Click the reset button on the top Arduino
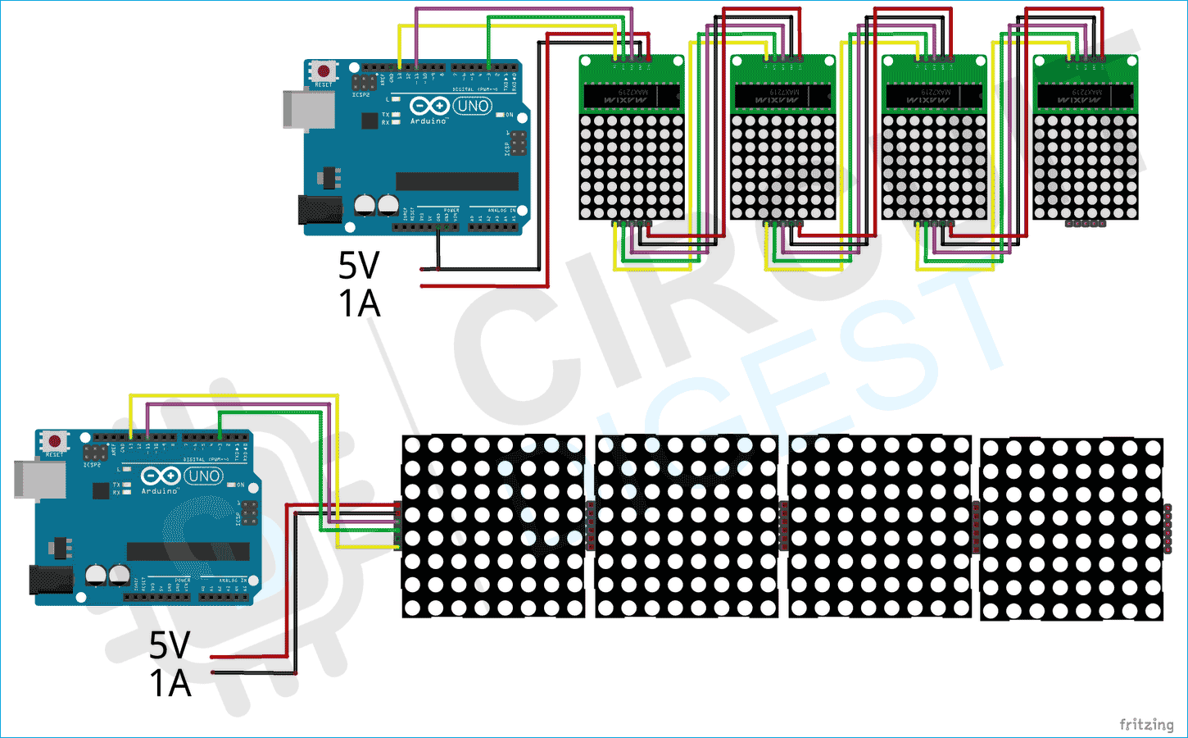(324, 71)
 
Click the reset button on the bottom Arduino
(55, 442)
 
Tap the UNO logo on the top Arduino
(473, 106)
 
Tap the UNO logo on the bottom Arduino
(203, 476)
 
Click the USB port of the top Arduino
(308, 109)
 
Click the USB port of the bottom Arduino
(39, 480)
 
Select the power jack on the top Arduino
(319, 210)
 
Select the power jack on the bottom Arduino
(51, 580)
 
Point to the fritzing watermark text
(1146, 724)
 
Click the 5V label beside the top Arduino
(359, 266)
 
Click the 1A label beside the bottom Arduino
(170, 683)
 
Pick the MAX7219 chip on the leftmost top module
(631, 97)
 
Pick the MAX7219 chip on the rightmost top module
(1086, 97)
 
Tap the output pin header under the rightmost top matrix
(1086, 223)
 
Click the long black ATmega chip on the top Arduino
(456, 181)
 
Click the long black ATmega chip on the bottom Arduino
(188, 551)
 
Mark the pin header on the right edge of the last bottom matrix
(1168, 530)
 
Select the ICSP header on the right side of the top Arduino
(517, 143)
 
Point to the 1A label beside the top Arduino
(359, 304)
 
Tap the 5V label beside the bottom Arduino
(170, 645)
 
